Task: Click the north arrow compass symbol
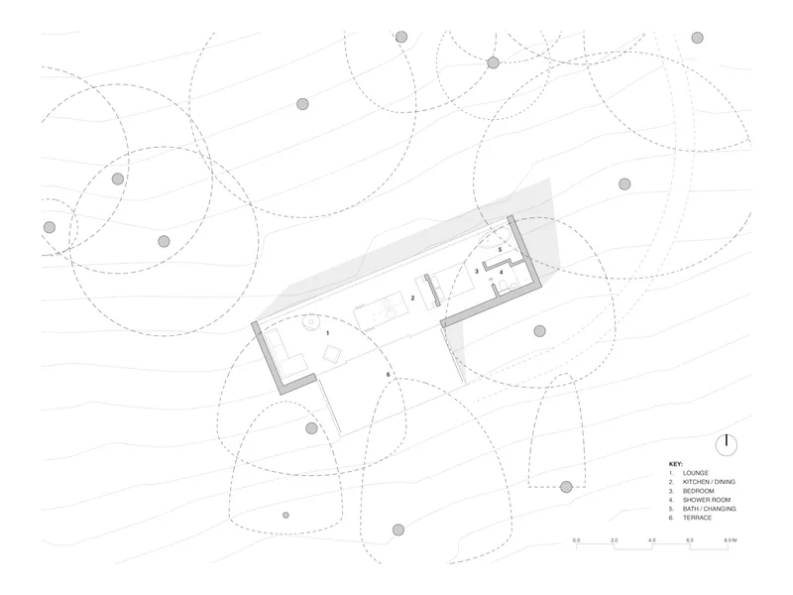click(x=727, y=445)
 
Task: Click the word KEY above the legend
click(x=676, y=464)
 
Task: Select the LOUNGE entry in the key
click(x=696, y=473)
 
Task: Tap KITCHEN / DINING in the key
click(x=709, y=482)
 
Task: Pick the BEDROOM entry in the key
click(x=699, y=491)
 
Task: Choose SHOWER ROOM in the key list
click(x=707, y=500)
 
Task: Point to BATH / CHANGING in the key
click(x=710, y=509)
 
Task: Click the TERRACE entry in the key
click(x=697, y=518)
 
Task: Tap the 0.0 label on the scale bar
click(x=577, y=540)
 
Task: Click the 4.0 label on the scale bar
click(x=652, y=540)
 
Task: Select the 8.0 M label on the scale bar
click(x=731, y=540)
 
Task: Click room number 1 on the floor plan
click(x=328, y=333)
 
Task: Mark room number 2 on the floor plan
click(x=412, y=298)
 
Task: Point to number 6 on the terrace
click(x=388, y=375)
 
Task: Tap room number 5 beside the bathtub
click(x=501, y=250)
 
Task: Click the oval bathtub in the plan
click(x=495, y=238)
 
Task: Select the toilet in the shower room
click(x=504, y=287)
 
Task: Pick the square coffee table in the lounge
click(x=332, y=353)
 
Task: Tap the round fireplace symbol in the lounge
click(x=310, y=323)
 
